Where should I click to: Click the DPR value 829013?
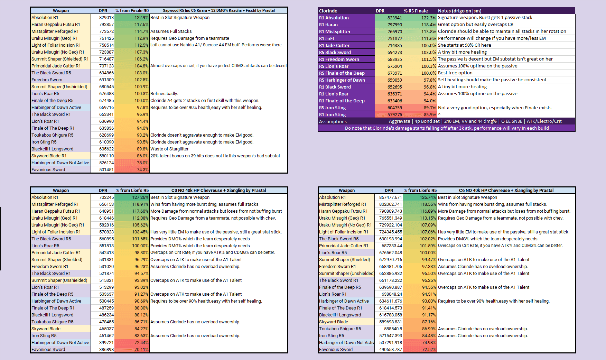(106, 18)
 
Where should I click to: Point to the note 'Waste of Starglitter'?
(169, 149)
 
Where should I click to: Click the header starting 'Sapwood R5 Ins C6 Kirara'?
(218, 11)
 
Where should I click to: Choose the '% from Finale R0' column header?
(132, 11)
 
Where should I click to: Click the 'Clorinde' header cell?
(328, 11)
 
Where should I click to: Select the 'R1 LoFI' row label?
(326, 38)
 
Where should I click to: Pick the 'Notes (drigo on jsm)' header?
(459, 11)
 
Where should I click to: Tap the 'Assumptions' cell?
(333, 121)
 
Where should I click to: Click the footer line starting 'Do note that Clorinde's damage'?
(447, 128)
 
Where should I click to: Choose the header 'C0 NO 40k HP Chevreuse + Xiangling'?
(218, 191)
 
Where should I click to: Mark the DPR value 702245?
(106, 197)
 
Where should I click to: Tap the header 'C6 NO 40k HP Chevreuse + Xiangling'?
(506, 191)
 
